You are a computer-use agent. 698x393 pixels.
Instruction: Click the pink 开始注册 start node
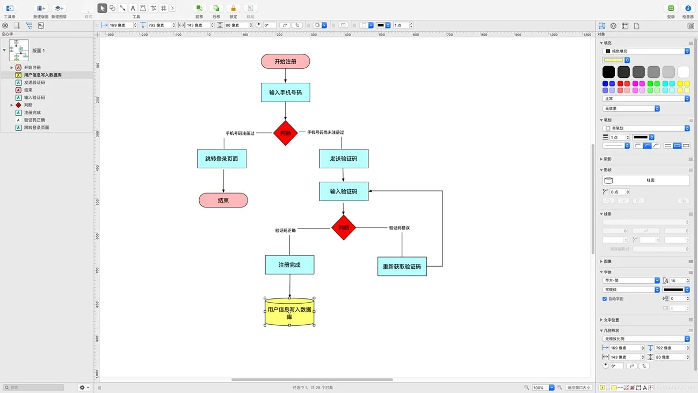pos(285,61)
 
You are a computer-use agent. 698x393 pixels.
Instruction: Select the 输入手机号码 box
pos(285,92)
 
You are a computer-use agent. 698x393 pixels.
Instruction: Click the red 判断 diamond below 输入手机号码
pos(285,133)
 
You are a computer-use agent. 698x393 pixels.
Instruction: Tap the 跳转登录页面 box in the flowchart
pos(222,159)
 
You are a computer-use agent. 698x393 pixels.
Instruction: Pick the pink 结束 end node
pos(223,201)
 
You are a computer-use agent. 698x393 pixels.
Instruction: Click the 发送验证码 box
pos(344,159)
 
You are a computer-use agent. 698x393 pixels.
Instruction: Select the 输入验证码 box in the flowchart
pos(344,191)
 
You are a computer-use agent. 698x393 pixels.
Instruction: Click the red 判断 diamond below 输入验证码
pos(344,228)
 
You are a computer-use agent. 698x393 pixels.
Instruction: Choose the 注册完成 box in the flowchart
pos(289,265)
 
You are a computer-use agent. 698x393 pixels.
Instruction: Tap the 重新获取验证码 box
pos(402,267)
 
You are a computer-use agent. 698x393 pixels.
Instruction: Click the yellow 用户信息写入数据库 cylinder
pos(289,312)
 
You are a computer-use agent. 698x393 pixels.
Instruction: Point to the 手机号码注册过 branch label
pos(240,133)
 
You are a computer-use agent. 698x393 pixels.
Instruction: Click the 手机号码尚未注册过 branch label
pos(325,132)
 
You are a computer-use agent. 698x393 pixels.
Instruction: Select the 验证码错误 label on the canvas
pos(399,228)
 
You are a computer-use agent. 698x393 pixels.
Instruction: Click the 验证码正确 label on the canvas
pos(286,231)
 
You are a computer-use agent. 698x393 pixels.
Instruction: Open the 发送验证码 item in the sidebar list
pos(34,82)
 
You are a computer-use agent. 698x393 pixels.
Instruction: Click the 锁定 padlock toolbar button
pos(233,9)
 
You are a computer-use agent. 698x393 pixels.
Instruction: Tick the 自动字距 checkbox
pos(605,299)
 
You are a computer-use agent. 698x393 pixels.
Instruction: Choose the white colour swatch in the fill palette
pos(684,72)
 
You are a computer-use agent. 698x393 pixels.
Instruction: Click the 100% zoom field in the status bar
pos(540,387)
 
